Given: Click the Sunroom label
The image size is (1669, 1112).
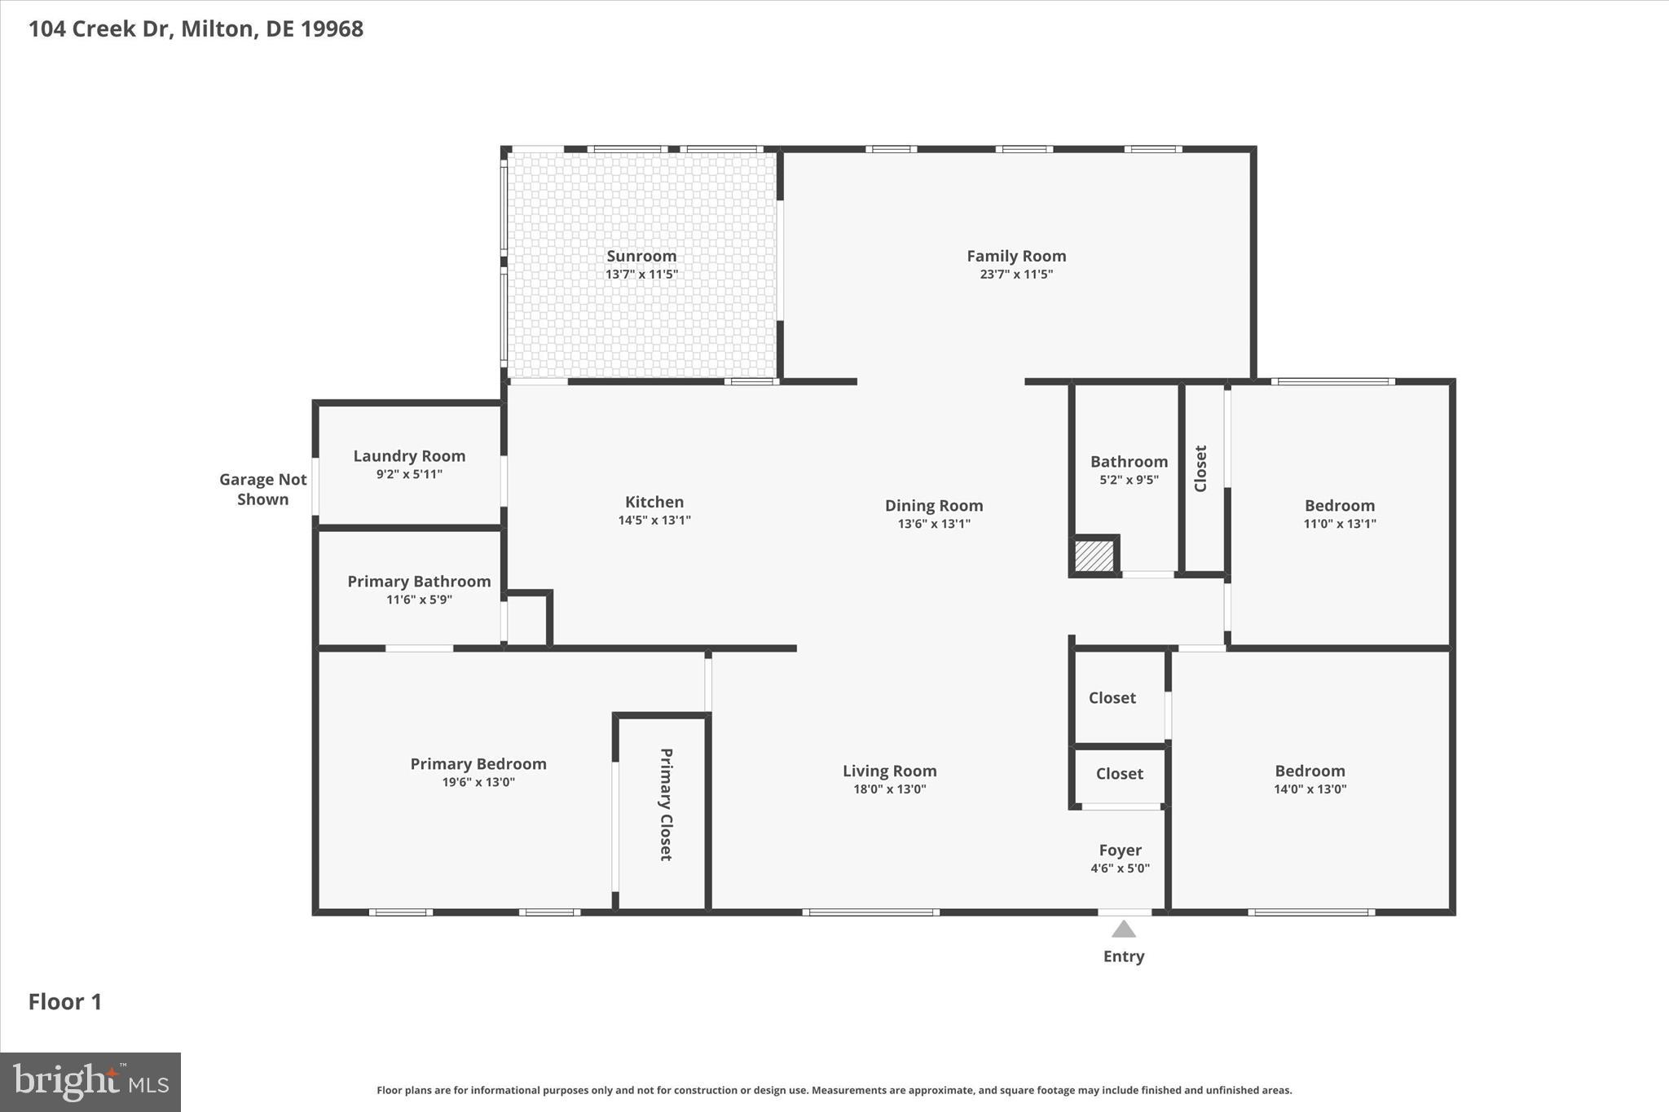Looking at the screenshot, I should (641, 256).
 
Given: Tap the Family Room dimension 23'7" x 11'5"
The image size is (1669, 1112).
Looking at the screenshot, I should (1016, 275).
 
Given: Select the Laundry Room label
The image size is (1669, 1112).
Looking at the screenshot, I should (409, 456).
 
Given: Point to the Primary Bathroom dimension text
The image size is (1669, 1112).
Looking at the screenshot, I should (419, 600).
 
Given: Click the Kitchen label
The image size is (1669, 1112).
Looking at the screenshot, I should (654, 502).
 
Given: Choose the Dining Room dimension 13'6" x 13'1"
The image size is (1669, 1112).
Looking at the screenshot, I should (934, 524).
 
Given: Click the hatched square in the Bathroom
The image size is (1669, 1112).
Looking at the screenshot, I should (1094, 556).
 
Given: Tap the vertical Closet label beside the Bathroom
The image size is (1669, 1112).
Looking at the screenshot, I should (1200, 468).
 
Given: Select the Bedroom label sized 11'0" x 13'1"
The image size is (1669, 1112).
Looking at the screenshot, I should (1339, 505).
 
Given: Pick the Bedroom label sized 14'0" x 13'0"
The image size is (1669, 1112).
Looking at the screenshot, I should (1310, 771).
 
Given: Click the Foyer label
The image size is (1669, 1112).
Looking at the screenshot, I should (1120, 850).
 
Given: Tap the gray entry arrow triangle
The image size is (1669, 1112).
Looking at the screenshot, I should (1124, 930).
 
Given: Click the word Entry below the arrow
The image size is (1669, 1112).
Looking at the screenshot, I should (1124, 956).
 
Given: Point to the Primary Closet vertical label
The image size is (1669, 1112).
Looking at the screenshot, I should (666, 804).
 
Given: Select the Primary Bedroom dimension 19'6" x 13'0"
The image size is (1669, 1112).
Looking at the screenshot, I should (478, 782).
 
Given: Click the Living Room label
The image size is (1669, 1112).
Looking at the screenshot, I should (889, 771).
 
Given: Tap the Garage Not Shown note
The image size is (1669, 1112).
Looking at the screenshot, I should (262, 490).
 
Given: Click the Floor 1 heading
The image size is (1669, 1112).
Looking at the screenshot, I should (65, 1001).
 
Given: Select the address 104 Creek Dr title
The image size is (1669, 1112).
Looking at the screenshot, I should (196, 29).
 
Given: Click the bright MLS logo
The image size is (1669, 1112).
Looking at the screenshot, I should (90, 1082).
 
